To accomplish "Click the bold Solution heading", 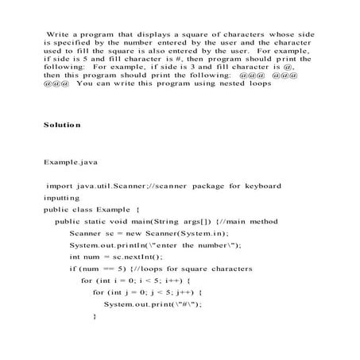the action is pyautogui.click(x=62, y=125).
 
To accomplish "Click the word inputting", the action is pyautogui.click(x=62, y=197).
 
